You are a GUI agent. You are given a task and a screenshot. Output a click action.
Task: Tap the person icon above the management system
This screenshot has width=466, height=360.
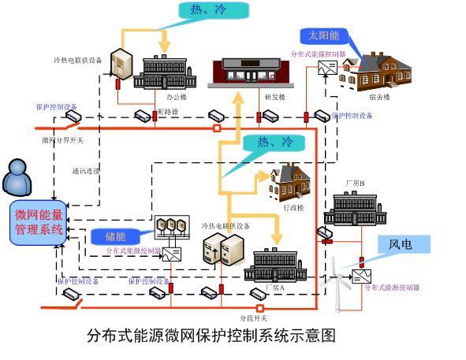click(17, 178)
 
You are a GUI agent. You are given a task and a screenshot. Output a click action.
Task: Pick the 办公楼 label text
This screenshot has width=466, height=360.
click(175, 98)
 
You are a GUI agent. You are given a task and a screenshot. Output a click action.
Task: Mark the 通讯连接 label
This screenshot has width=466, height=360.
click(84, 170)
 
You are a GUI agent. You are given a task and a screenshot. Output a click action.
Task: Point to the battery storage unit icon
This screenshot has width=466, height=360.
click(171, 227)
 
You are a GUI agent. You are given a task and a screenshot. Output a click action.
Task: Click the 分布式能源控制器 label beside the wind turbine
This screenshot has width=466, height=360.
click(392, 288)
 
